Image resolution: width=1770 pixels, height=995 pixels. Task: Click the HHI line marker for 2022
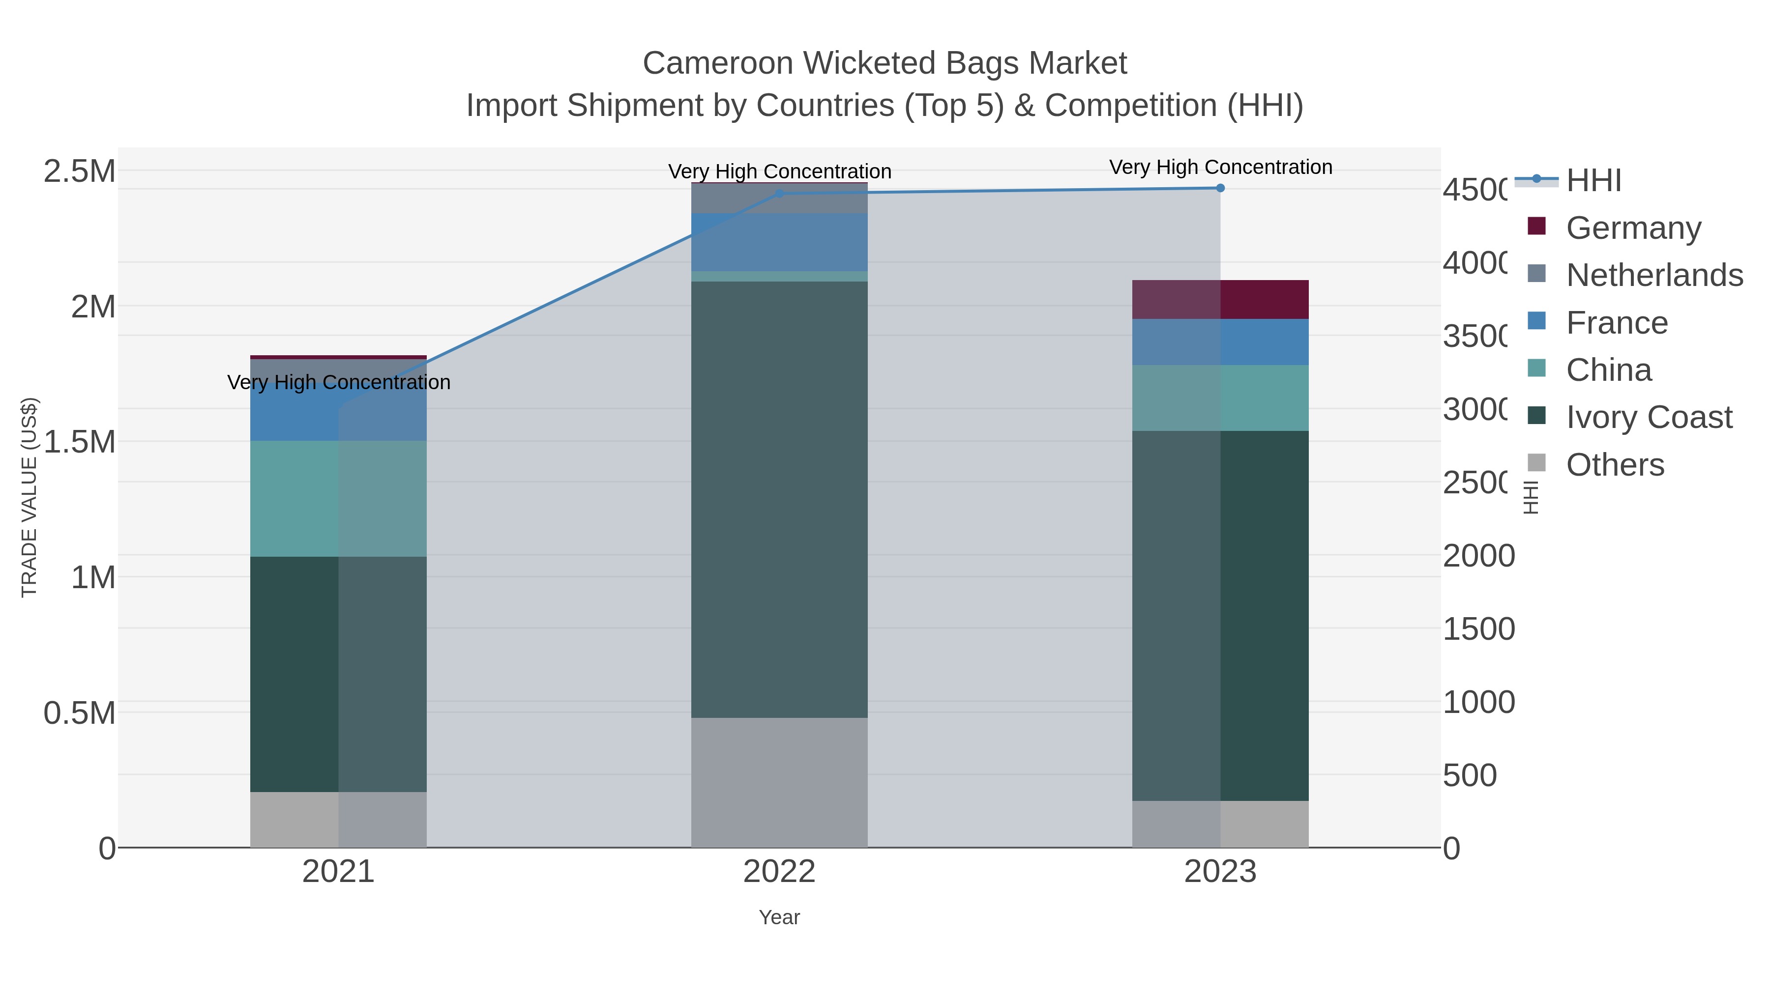click(x=779, y=194)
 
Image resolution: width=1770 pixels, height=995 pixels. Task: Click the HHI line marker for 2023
click(x=1220, y=188)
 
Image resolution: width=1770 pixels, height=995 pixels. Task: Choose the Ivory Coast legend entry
click(x=1649, y=418)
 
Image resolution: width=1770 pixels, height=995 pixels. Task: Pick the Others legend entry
click(x=1615, y=465)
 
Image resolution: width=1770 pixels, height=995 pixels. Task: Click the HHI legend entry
click(x=1593, y=181)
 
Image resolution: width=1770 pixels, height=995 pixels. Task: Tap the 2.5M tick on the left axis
click(x=80, y=171)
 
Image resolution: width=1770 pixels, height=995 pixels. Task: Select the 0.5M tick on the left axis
click(x=80, y=713)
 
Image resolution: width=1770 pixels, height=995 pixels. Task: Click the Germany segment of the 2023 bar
click(x=1220, y=299)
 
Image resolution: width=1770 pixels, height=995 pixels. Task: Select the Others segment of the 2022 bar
click(x=779, y=783)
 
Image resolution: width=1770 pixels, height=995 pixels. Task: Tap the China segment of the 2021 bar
click(x=338, y=499)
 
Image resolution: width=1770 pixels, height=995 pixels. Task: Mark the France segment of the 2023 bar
click(x=1220, y=342)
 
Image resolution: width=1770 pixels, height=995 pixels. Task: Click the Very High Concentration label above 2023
click(x=1220, y=168)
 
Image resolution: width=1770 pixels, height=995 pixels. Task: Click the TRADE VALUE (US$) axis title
click(x=29, y=497)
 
